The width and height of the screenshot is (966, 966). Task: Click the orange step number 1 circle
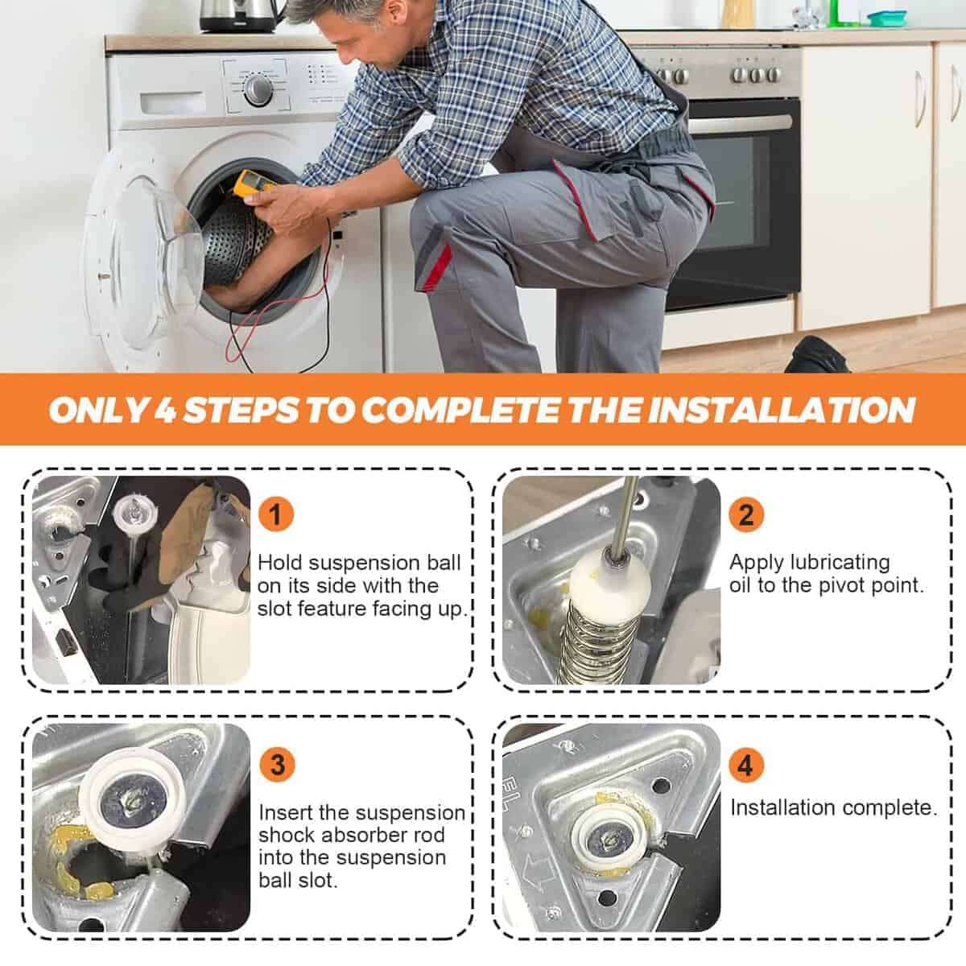click(275, 514)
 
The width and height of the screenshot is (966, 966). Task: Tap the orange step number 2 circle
click(746, 514)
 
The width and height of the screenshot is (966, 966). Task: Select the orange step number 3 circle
click(277, 765)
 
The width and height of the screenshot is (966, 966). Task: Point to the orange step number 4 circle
click(745, 765)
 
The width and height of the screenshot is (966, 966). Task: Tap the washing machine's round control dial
click(258, 89)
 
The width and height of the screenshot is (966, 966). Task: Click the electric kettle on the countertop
click(241, 16)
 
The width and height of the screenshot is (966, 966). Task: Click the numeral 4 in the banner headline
click(163, 410)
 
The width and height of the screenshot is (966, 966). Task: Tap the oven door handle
click(740, 123)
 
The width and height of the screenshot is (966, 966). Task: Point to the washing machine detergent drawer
click(172, 103)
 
